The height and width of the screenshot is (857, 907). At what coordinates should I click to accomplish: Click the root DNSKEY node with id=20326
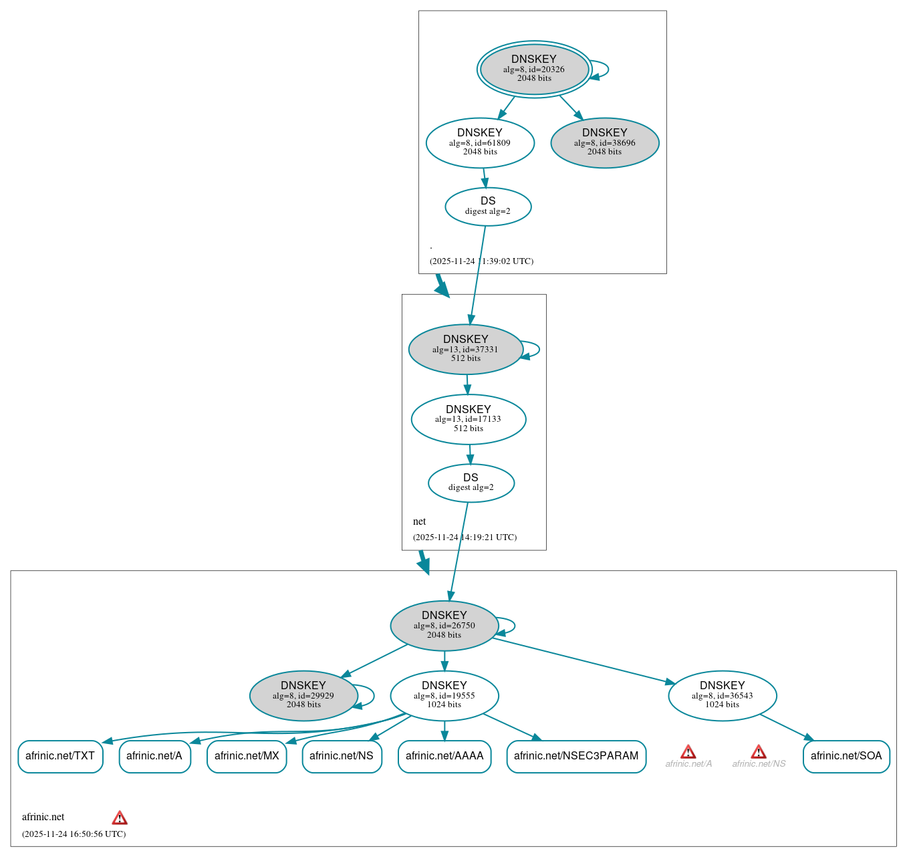tap(534, 69)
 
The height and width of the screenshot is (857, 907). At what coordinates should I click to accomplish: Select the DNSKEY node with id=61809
tap(480, 142)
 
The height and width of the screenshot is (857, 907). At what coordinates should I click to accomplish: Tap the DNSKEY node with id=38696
tap(604, 142)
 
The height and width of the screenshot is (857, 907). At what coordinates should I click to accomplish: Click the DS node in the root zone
tap(488, 207)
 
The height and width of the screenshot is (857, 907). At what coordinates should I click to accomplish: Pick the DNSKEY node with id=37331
tap(465, 349)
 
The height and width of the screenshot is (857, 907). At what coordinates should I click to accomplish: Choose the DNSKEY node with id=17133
tap(468, 419)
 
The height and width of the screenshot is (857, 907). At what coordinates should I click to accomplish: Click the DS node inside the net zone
tap(471, 483)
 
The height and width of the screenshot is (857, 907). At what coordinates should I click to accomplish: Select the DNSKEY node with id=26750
tap(444, 626)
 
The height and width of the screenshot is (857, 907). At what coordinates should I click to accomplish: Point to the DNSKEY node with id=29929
tap(303, 696)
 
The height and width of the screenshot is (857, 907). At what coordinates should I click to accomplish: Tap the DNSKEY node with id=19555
tap(444, 696)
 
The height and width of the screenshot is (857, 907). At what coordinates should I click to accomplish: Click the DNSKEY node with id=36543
tap(722, 696)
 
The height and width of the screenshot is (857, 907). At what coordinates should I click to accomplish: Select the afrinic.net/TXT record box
tap(60, 756)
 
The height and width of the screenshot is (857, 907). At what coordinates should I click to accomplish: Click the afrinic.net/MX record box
tap(247, 756)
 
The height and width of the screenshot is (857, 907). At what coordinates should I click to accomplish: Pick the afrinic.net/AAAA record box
tap(444, 756)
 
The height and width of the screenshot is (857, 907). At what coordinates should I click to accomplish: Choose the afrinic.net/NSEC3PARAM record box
tap(576, 756)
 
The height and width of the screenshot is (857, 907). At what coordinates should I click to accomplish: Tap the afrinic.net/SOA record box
tap(846, 756)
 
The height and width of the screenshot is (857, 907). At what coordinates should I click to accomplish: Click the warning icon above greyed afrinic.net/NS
tap(758, 752)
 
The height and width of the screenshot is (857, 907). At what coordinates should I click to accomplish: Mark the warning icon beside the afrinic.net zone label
tap(120, 818)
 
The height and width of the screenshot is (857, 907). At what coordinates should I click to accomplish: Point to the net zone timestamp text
tap(465, 537)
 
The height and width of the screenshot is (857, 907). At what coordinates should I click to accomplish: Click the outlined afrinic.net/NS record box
tap(342, 756)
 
